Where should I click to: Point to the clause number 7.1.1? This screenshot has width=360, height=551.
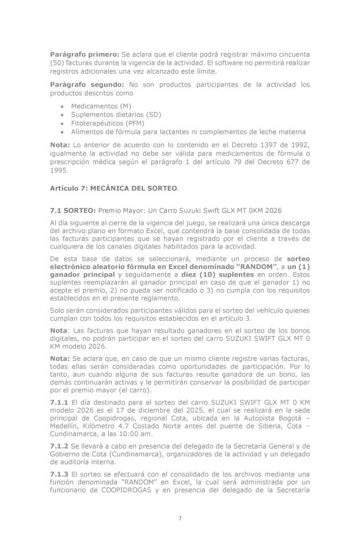[x=60, y=401]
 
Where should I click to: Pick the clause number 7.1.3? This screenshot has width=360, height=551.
[x=60, y=473]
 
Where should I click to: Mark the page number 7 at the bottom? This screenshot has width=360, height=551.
[x=179, y=518]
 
